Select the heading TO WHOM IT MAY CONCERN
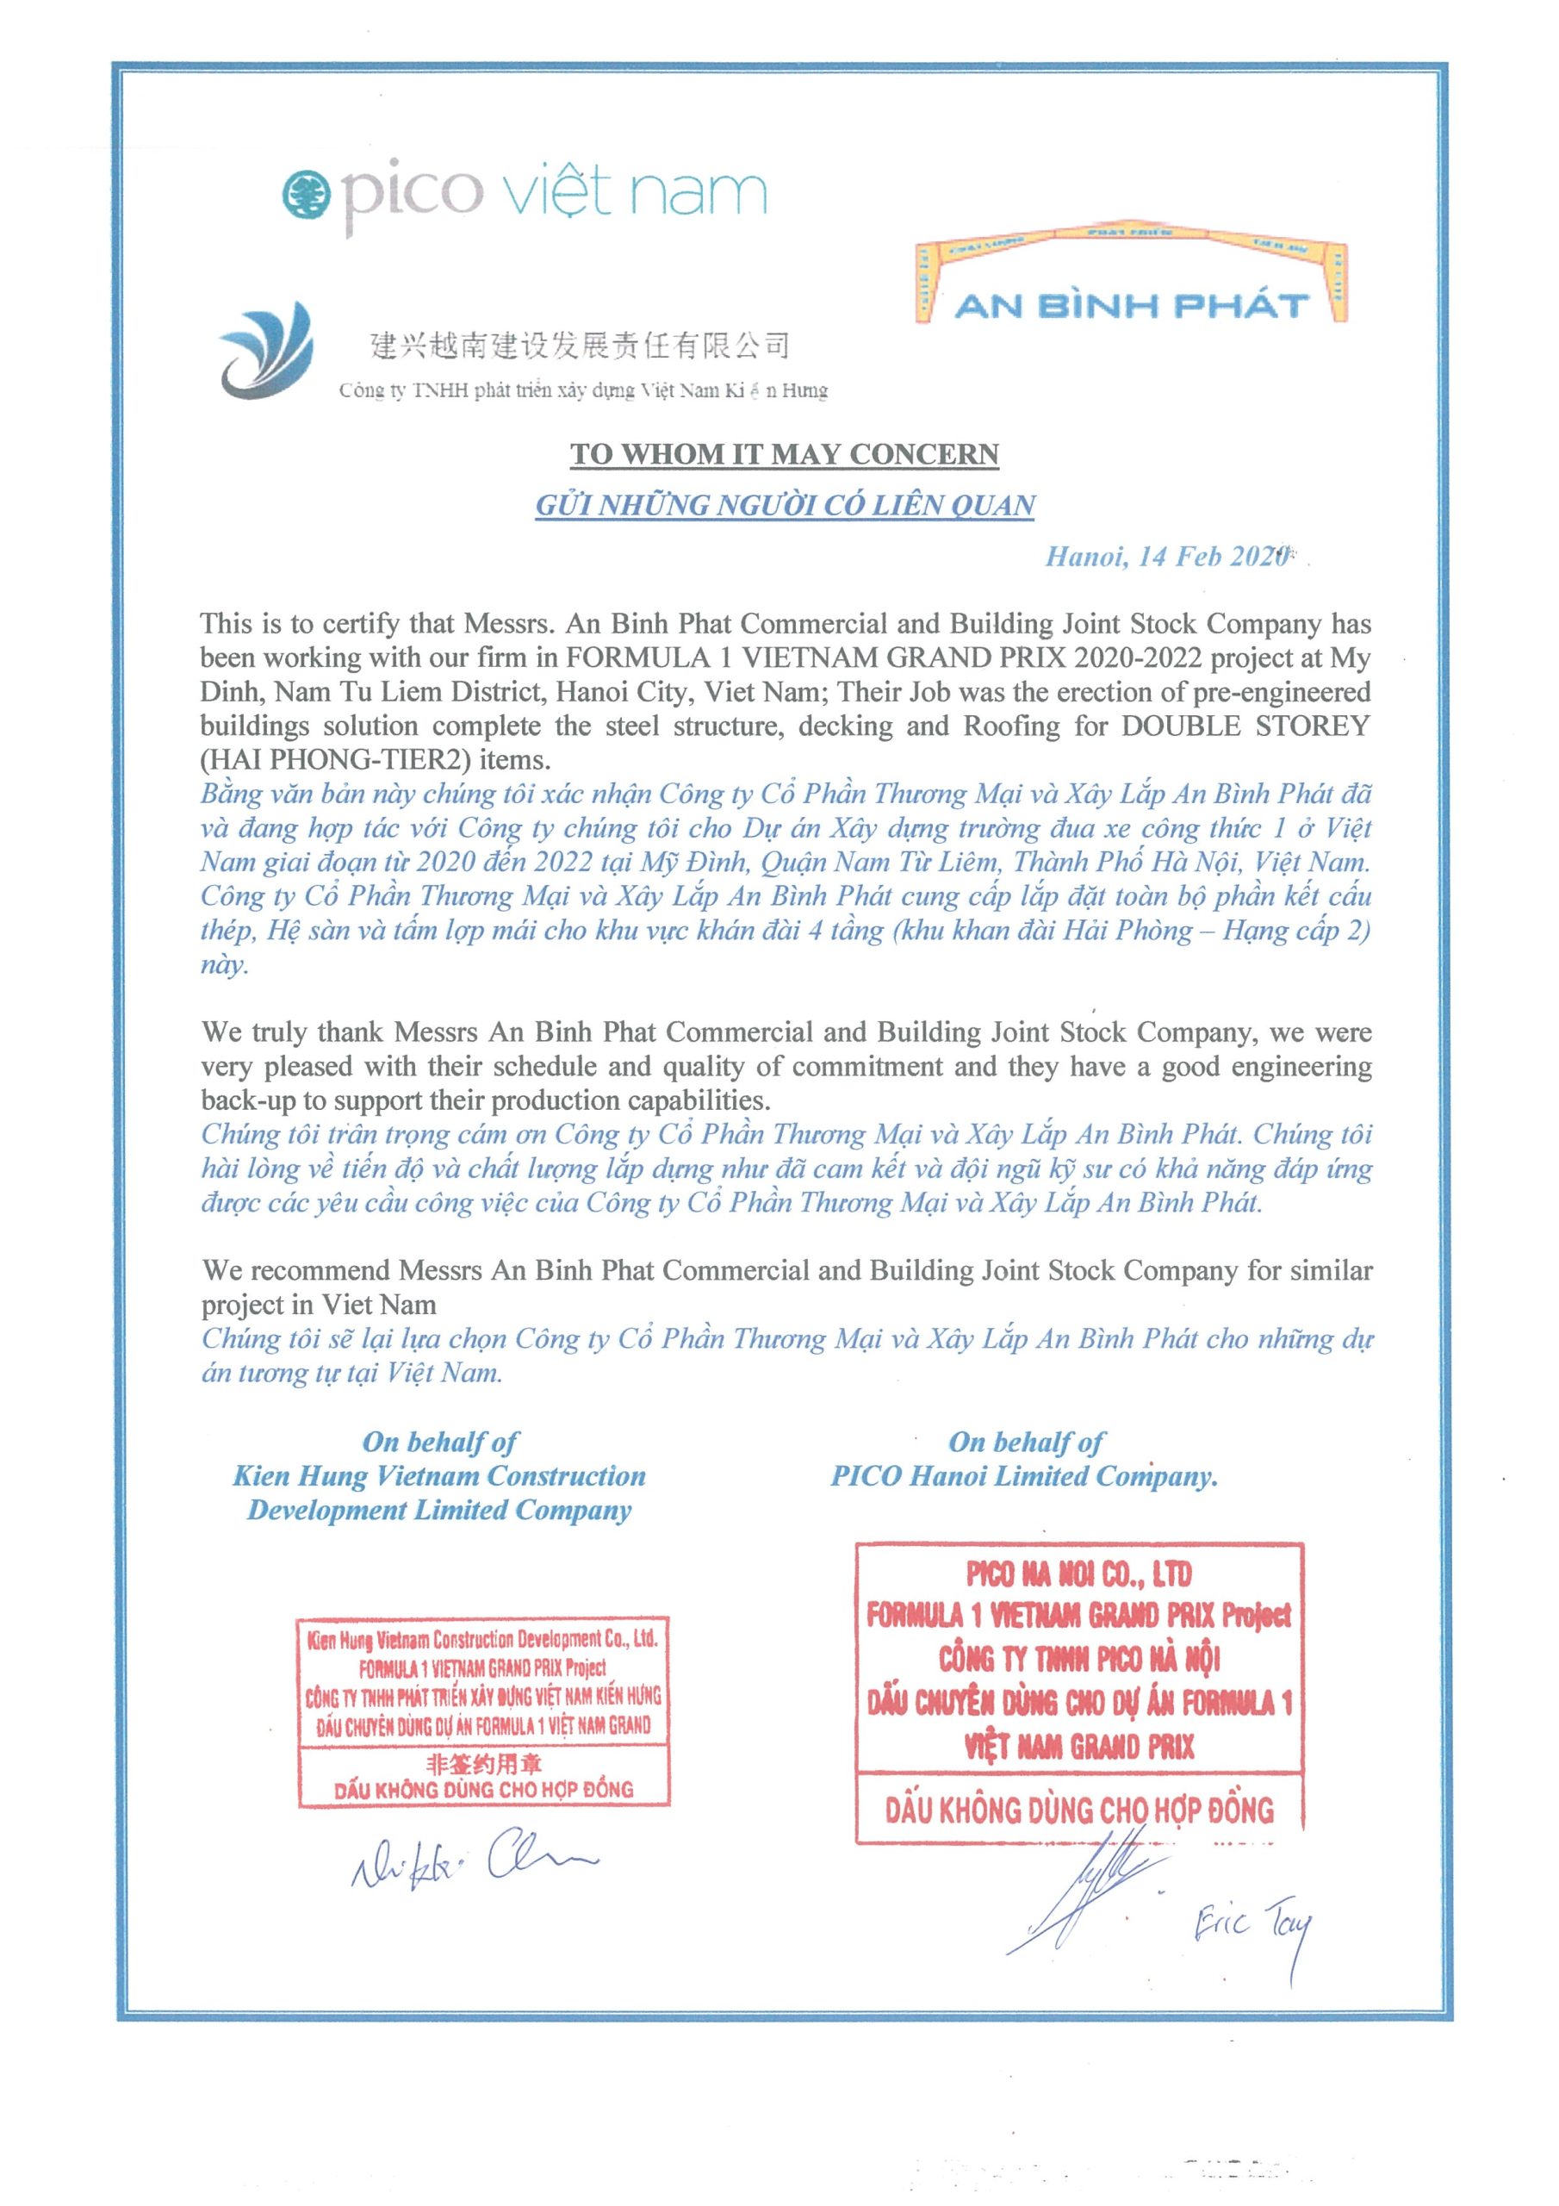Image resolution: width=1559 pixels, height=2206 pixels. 784,453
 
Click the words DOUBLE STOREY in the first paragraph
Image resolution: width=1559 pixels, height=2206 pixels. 1245,726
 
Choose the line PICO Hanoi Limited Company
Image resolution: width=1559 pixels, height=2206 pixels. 1024,1476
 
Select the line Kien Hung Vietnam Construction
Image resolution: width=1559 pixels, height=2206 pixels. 439,1476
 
